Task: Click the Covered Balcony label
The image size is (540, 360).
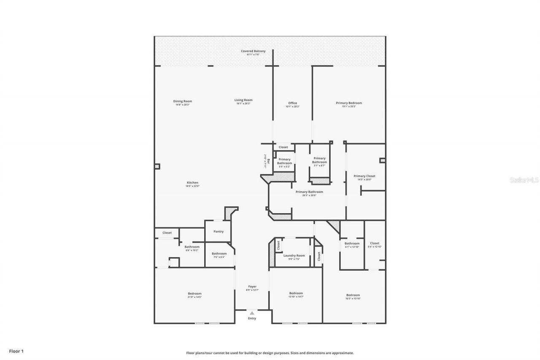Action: [253, 51]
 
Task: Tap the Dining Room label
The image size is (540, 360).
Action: [183, 101]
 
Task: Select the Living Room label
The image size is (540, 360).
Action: [243, 100]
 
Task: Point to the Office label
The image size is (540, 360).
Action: [292, 103]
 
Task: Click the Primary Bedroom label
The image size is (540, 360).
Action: [349, 103]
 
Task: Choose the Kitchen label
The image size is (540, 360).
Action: [192, 183]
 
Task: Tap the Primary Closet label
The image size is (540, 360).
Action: [364, 176]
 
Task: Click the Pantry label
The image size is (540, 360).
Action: [219, 232]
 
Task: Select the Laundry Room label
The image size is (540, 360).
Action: [294, 256]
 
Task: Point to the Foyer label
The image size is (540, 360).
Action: [252, 287]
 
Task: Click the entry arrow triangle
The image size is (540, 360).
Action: [252, 313]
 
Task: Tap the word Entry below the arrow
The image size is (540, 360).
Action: [252, 318]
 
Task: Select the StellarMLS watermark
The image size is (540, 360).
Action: [524, 180]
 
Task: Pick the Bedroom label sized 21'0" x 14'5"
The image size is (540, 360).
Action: [194, 294]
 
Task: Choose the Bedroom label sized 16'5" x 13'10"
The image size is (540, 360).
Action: [353, 295]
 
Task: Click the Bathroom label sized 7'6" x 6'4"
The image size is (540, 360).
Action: [219, 254]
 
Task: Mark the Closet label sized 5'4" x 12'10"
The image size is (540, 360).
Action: [375, 244]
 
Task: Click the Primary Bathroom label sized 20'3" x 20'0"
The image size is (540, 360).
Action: [309, 192]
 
